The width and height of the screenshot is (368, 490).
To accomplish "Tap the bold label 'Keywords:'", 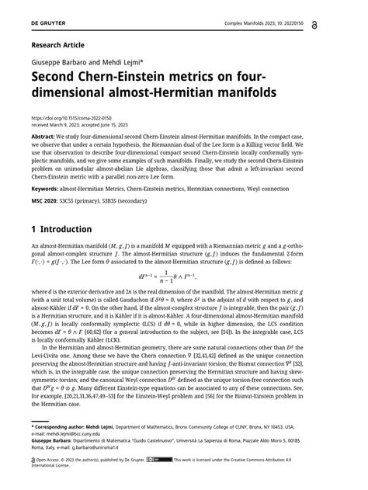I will tap(45, 189).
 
